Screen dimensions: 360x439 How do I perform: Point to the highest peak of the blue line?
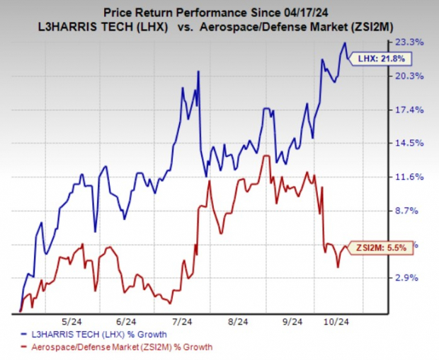(x=345, y=43)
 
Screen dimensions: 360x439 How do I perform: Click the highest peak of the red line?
(x=265, y=155)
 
